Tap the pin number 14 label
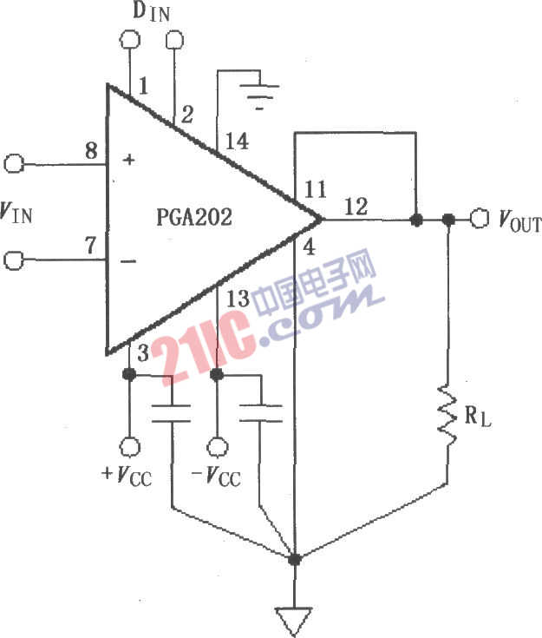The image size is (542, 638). pyautogui.click(x=237, y=141)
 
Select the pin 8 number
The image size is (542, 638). pyautogui.click(x=91, y=151)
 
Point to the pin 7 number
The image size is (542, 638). pyautogui.click(x=90, y=246)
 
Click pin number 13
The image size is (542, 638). pyautogui.click(x=238, y=299)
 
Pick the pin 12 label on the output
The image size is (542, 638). pyautogui.click(x=356, y=207)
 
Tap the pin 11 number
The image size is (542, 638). pyautogui.click(x=316, y=189)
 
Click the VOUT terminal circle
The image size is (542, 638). pyautogui.click(x=480, y=219)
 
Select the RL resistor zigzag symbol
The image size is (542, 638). pyautogui.click(x=447, y=415)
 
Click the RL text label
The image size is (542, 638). pyautogui.click(x=478, y=417)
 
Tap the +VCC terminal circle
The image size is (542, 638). pyautogui.click(x=130, y=446)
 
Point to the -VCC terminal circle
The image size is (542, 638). pyautogui.click(x=217, y=446)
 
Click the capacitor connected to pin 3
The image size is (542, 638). pyautogui.click(x=171, y=413)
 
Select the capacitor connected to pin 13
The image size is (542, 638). pyautogui.click(x=260, y=413)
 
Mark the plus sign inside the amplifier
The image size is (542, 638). pyautogui.click(x=129, y=160)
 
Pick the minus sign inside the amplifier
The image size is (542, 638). pyautogui.click(x=128, y=260)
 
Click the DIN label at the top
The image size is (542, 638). pyautogui.click(x=151, y=12)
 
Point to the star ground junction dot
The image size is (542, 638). pyautogui.click(x=294, y=560)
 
